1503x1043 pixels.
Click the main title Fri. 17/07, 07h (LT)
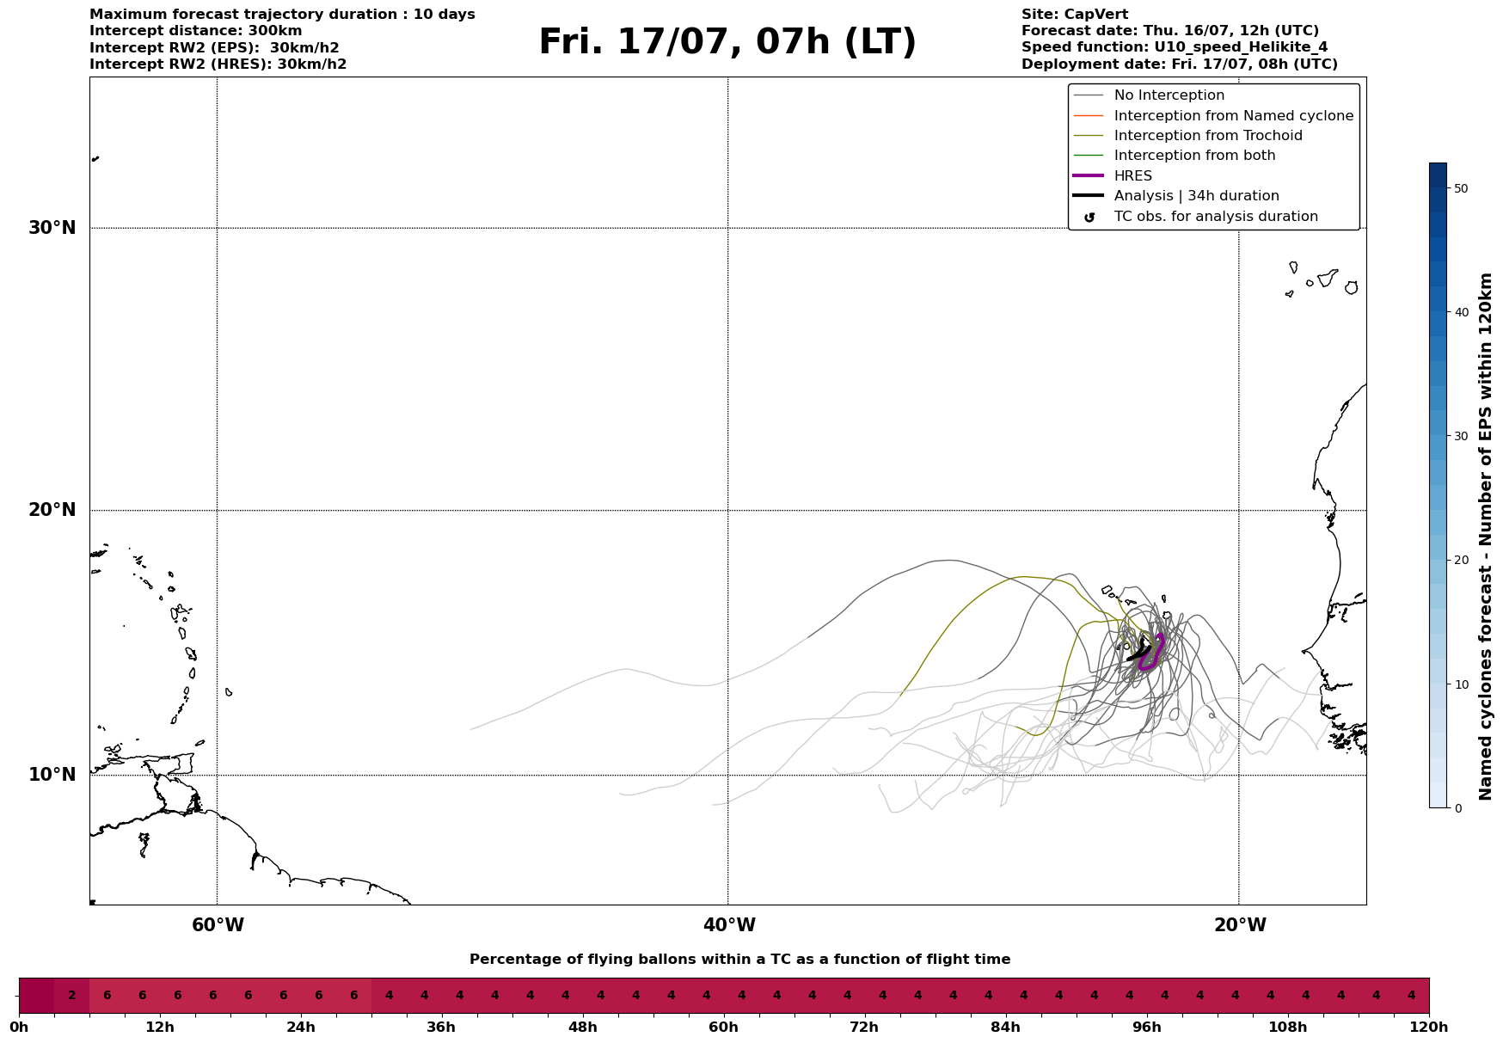point(727,42)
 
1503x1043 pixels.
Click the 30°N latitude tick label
point(52,228)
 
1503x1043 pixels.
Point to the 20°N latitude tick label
point(52,510)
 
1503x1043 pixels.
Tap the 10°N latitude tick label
point(52,775)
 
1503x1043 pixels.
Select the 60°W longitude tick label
point(218,925)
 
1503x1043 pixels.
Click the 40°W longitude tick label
point(729,925)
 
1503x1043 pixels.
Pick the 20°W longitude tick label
point(1240,925)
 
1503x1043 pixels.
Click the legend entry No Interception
point(1169,95)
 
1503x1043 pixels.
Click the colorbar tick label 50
point(1460,188)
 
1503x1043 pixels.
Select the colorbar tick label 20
point(1460,561)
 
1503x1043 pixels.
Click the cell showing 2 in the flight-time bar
point(72,996)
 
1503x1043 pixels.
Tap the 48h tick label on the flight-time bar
point(583,1027)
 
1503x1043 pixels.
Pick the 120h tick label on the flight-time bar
point(1430,1027)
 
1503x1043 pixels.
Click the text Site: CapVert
point(1075,15)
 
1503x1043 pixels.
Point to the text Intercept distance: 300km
point(196,31)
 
